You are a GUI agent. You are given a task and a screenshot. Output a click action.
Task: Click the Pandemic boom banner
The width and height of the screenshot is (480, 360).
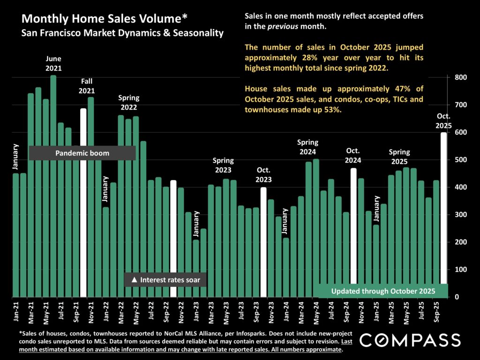(x=82, y=153)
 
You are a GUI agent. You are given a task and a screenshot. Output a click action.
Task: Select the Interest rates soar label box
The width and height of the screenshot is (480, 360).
(x=165, y=280)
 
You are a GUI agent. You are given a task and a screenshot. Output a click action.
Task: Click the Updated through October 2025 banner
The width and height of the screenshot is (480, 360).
(x=383, y=291)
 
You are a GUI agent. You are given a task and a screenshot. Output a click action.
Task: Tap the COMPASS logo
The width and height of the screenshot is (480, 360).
(x=410, y=339)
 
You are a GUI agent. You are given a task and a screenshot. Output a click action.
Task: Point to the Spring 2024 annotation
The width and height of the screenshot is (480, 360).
(x=307, y=147)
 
